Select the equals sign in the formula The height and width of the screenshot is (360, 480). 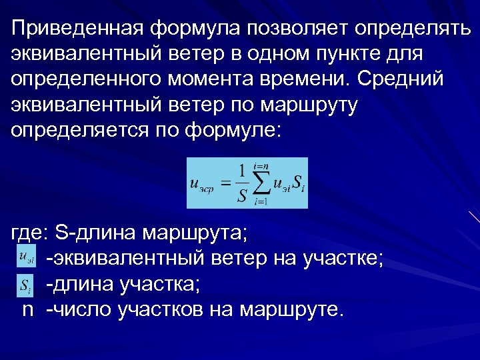pos(226,181)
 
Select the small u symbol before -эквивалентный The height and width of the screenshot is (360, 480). pos(27,257)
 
